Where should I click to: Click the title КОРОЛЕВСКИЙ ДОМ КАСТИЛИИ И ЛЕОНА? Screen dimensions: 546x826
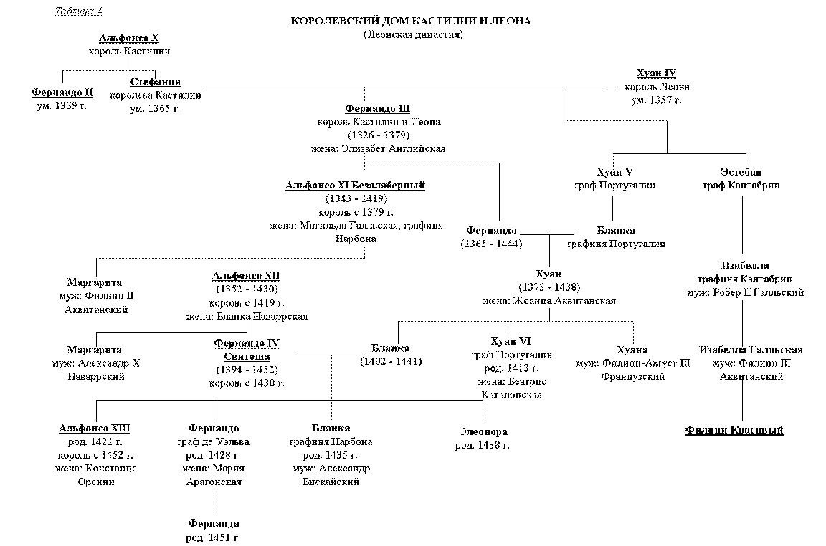[x=411, y=21]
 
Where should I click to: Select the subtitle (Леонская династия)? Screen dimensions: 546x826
[x=412, y=34]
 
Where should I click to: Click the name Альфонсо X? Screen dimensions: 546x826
[x=129, y=38]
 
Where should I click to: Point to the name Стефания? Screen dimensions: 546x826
[x=156, y=82]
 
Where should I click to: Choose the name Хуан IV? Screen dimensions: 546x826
[x=656, y=73]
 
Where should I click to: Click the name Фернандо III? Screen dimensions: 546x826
[x=377, y=109]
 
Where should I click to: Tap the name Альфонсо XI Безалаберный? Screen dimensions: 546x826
[x=355, y=186]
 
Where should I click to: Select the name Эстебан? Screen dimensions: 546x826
[x=741, y=172]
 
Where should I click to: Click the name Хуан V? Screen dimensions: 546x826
[x=614, y=172]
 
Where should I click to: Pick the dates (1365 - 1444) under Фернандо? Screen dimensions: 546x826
[x=491, y=244]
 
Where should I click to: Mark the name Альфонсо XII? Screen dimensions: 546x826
[x=247, y=275]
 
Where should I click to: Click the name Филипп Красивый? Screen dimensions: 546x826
[x=734, y=430]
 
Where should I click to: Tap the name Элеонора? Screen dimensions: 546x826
[x=483, y=432]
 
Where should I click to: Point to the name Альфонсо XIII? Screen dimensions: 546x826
[x=95, y=428]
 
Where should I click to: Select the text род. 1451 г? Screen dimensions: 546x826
[x=214, y=537]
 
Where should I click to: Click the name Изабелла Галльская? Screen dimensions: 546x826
[x=751, y=350]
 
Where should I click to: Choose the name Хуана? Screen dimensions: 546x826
[x=632, y=350]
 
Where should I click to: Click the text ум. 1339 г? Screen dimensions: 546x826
[x=62, y=105]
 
